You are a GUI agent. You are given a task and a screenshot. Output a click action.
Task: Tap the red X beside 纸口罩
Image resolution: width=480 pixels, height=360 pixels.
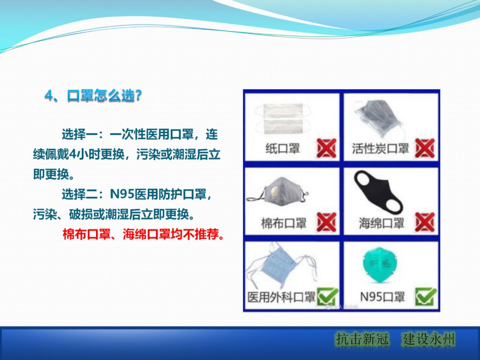pos(326,148)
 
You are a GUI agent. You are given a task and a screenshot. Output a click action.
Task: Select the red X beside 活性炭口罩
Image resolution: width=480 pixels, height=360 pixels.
pos(424,148)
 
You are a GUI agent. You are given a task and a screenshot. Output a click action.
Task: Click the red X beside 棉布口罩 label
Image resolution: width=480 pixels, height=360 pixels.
pos(326,222)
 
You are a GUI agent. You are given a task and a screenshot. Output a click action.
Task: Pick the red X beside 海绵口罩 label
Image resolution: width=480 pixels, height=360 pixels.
pos(424,222)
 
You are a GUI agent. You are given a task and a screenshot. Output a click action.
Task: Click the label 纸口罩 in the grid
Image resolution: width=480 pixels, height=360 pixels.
pos(283,148)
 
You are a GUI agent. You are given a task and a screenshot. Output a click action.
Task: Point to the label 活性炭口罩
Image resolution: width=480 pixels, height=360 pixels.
pos(380,148)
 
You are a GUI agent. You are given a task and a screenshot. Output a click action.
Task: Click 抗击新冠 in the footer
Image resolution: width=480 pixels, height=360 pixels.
pos(362,340)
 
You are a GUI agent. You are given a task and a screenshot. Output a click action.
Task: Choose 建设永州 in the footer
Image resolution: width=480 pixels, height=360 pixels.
pos(429,340)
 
